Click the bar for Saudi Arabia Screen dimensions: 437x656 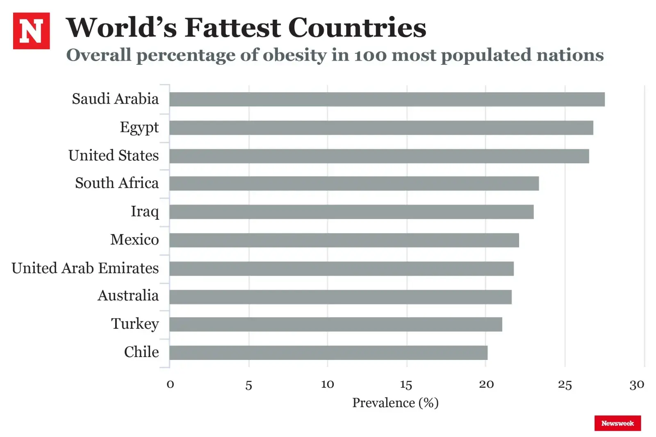pyautogui.click(x=387, y=99)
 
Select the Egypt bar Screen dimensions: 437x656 pyautogui.click(x=381, y=127)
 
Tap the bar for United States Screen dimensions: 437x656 pyautogui.click(x=379, y=156)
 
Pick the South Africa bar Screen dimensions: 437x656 pyautogui.click(x=354, y=183)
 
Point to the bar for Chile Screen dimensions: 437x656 pyautogui.click(x=328, y=353)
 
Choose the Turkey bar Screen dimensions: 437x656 pyautogui.click(x=335, y=324)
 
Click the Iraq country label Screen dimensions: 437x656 pyautogui.click(x=144, y=212)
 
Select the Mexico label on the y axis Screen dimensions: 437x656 pyautogui.click(x=134, y=239)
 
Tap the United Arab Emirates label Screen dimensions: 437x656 pyautogui.click(x=85, y=268)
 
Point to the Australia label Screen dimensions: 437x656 pyautogui.click(x=128, y=296)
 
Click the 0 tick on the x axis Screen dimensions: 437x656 pyautogui.click(x=170, y=385)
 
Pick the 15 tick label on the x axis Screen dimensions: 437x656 pyautogui.click(x=406, y=385)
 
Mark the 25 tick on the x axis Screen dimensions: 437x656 pyautogui.click(x=565, y=385)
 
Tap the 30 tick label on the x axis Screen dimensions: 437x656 pyautogui.click(x=637, y=385)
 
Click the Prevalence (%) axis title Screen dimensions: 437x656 pyautogui.click(x=395, y=403)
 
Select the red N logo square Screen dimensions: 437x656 pyautogui.click(x=31, y=31)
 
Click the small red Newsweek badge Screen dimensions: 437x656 pyautogui.click(x=617, y=423)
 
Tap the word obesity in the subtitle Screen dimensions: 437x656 pyautogui.click(x=294, y=55)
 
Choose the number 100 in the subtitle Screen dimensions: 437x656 pyautogui.click(x=370, y=55)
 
